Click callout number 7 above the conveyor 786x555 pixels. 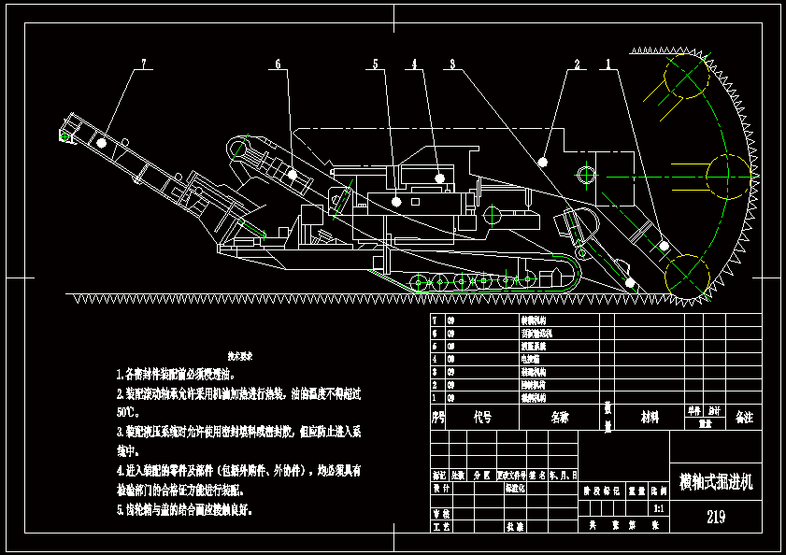tap(144, 64)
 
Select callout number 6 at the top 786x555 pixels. tap(278, 64)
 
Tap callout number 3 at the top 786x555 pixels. tap(452, 64)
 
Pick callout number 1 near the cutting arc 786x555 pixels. tap(609, 64)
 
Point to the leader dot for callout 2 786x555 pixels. tap(543, 162)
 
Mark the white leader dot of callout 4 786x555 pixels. tap(439, 177)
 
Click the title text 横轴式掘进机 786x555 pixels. tap(715, 482)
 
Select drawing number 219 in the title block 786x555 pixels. tap(717, 517)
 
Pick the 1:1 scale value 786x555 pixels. tap(659, 509)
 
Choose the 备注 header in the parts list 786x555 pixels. tap(745, 417)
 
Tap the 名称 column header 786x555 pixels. tap(559, 417)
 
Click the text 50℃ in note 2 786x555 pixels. tap(126, 411)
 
